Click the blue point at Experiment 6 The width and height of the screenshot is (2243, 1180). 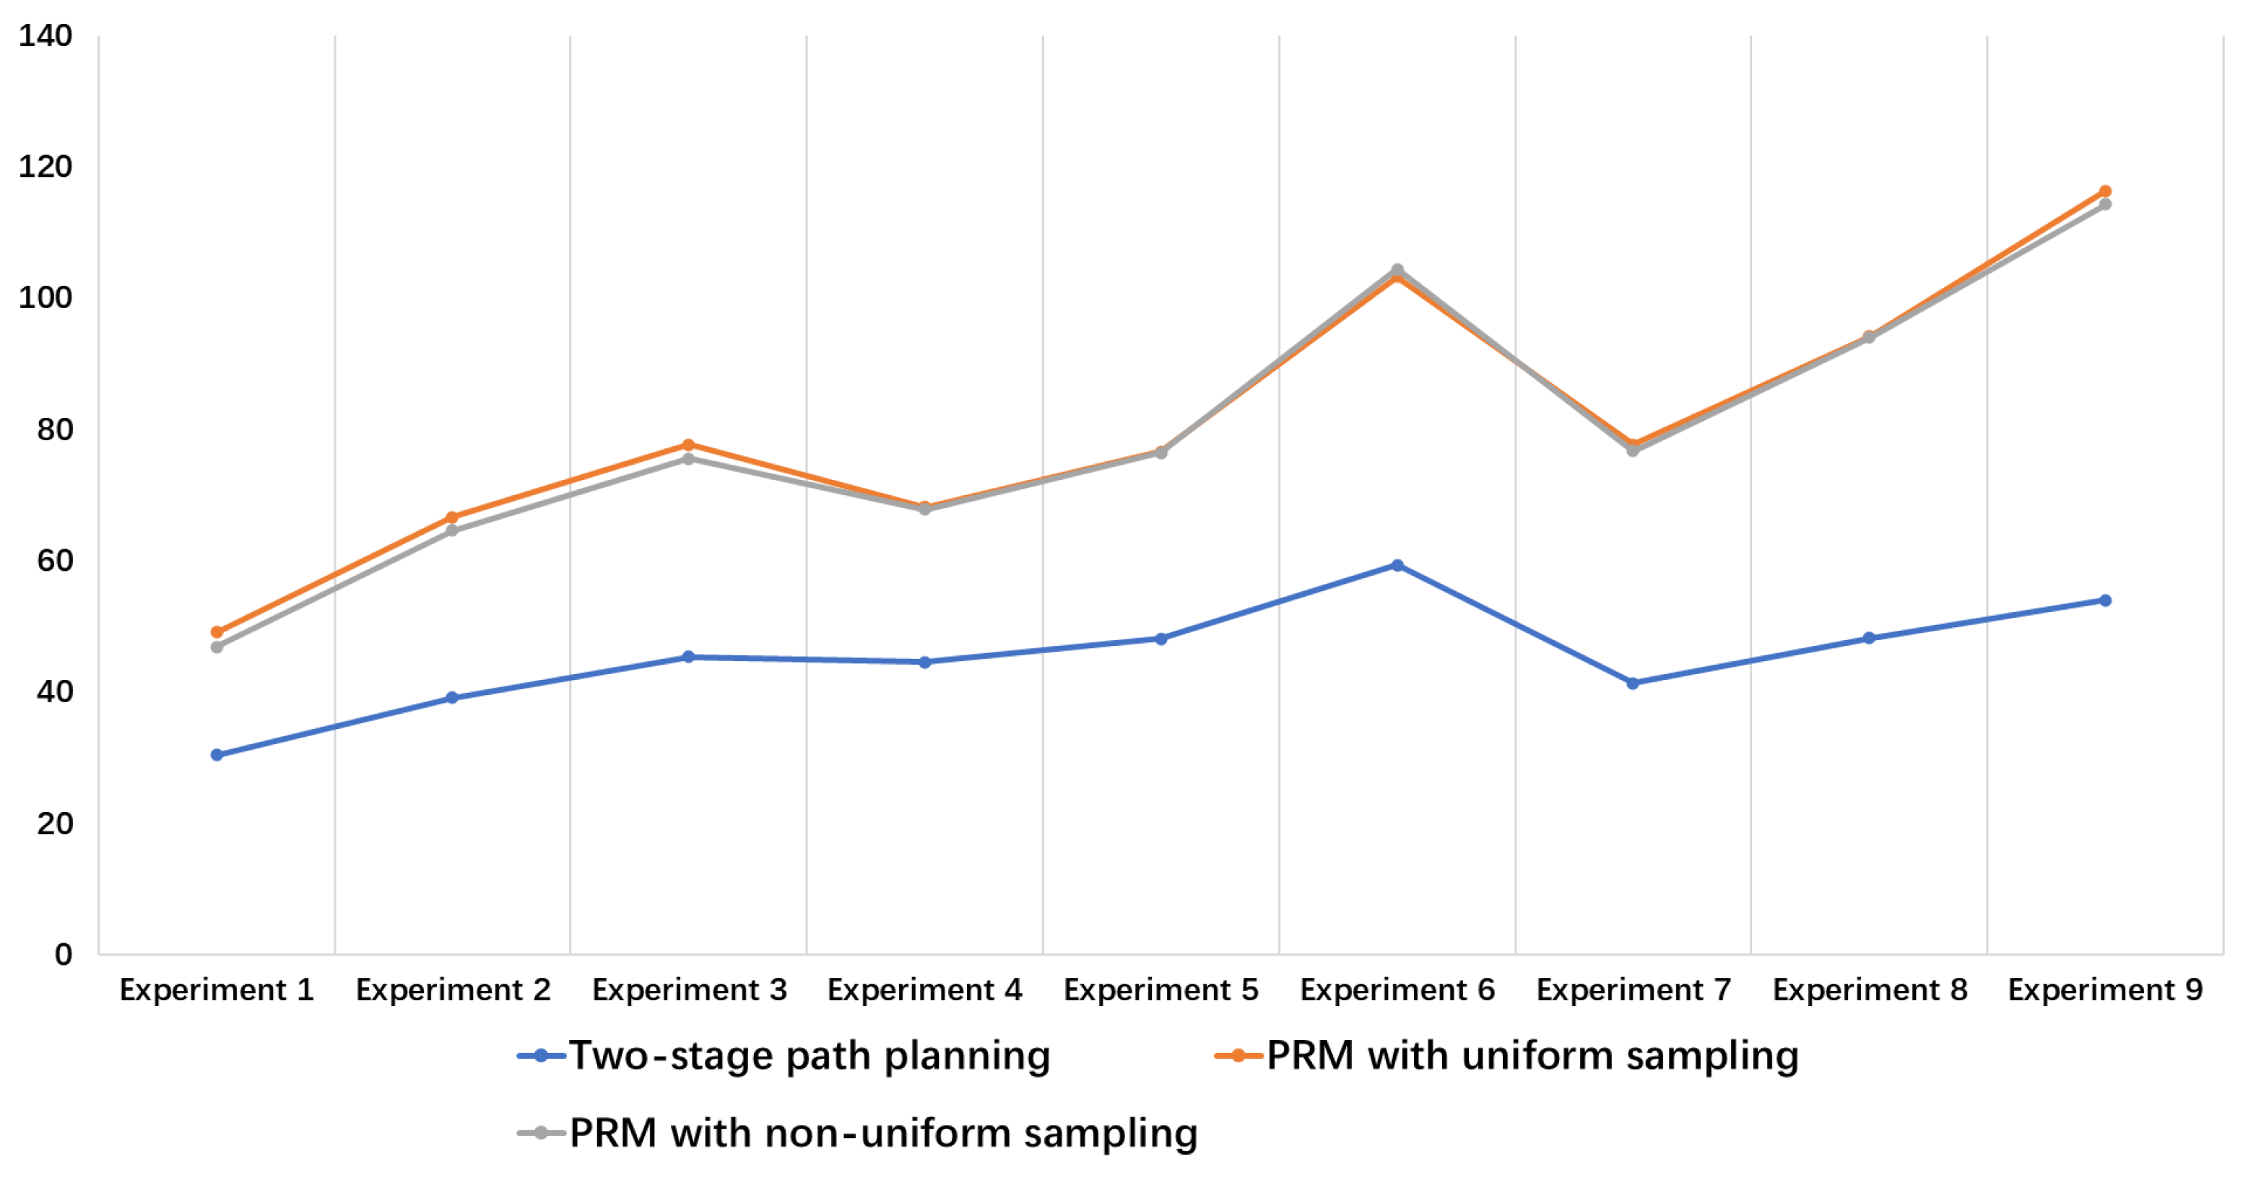[x=1397, y=566]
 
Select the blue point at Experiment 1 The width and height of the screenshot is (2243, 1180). [x=217, y=754]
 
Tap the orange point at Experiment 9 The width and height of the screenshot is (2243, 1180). [x=2104, y=191]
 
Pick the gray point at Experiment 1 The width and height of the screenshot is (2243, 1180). [x=217, y=647]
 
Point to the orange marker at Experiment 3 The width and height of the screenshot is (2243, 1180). [x=688, y=445]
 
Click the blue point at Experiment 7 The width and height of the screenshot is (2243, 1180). [x=1633, y=683]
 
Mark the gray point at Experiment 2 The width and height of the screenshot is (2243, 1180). [x=452, y=531]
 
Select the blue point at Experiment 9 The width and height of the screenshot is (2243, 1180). [x=2104, y=600]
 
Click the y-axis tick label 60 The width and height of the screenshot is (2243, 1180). [x=54, y=561]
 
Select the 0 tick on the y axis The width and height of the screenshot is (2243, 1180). [x=63, y=955]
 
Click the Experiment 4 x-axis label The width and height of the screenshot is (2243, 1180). [x=925, y=990]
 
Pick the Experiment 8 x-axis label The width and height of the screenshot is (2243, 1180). [x=1870, y=990]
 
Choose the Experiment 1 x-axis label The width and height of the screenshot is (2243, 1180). [x=217, y=990]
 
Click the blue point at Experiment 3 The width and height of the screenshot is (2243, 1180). [x=688, y=657]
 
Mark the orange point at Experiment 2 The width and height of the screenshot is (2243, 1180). [x=452, y=517]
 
